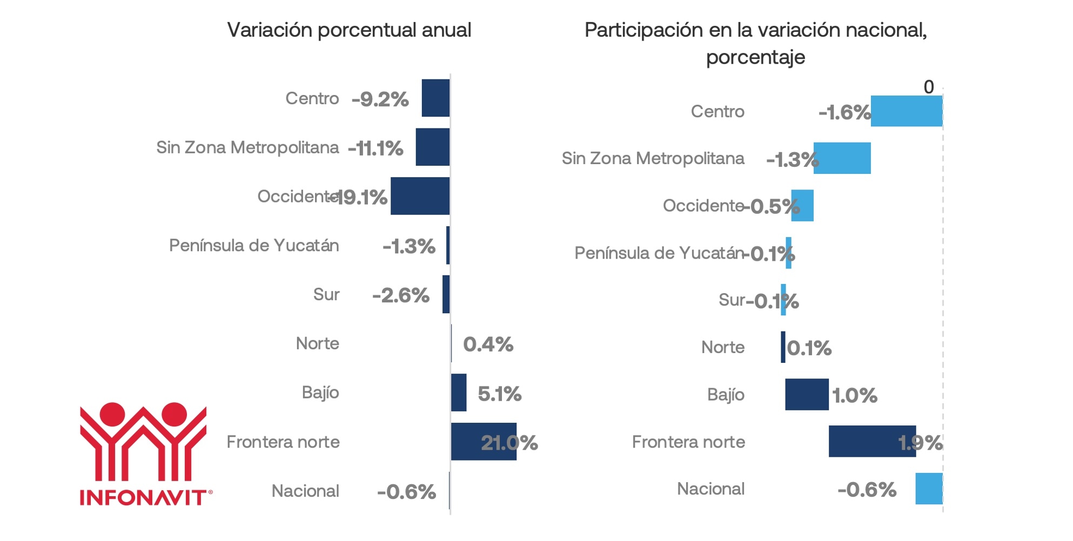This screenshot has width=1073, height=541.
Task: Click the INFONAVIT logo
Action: coord(144,454)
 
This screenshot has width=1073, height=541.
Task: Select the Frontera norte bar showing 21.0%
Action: coord(483,442)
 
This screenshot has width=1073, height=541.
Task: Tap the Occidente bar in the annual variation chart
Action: coord(420,196)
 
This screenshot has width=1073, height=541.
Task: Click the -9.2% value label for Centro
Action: coord(380,99)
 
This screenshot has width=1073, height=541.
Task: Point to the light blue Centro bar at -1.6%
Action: coord(906,111)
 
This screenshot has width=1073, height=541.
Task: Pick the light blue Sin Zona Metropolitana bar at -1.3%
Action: coord(842,158)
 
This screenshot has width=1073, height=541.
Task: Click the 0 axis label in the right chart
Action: coord(928,87)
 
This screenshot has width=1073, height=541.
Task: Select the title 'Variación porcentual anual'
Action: coord(349,30)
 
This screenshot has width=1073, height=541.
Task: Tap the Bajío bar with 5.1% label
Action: coord(459,393)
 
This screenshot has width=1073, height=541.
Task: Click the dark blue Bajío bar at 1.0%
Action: coord(807,395)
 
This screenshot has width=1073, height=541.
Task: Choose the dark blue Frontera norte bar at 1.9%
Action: coord(872,442)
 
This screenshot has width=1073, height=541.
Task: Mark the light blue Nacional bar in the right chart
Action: coord(929,489)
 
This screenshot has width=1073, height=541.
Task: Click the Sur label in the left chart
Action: coord(326,295)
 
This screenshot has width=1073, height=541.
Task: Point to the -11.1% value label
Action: coord(375,148)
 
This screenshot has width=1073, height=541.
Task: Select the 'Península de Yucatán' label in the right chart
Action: coord(659,253)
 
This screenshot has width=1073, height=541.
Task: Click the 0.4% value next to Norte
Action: coord(488,344)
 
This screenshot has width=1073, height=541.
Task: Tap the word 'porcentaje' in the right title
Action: coord(755,57)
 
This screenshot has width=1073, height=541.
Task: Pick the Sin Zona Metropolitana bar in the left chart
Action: coord(432,147)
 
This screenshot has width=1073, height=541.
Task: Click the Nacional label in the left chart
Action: coord(305,491)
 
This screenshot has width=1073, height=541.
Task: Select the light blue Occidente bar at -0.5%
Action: coord(802,206)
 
